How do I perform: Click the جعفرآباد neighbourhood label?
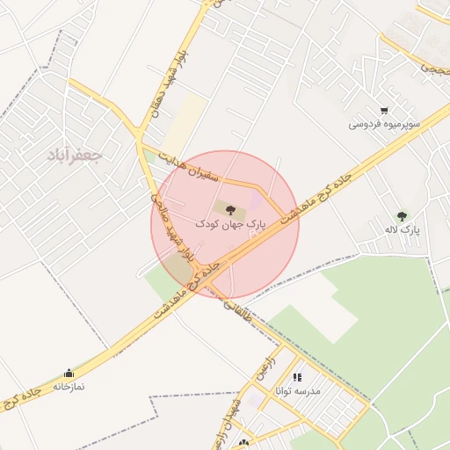click(x=76, y=156)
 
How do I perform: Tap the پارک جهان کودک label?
click(x=230, y=226)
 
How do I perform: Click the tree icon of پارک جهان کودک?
click(x=230, y=210)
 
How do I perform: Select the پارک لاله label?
click(x=402, y=229)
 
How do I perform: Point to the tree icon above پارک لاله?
click(x=402, y=215)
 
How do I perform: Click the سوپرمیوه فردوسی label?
click(x=384, y=125)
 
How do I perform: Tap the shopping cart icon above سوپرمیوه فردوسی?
click(x=384, y=112)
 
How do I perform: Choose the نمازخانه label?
click(x=69, y=386)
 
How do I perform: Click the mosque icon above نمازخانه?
click(x=69, y=373)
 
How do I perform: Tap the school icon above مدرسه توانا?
click(x=297, y=377)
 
